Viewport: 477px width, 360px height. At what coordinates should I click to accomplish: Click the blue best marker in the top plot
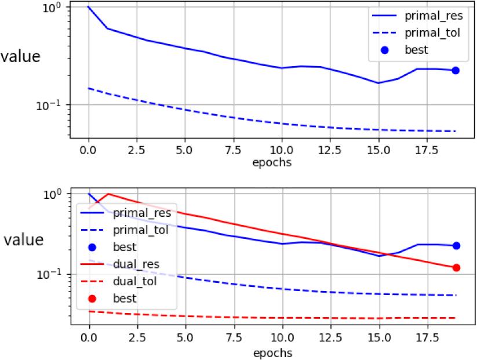coord(456,71)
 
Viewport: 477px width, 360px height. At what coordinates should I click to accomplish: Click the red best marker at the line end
coord(456,268)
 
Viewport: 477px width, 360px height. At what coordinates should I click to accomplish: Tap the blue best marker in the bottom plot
coord(456,246)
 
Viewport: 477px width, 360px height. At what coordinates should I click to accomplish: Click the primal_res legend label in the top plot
coord(434,16)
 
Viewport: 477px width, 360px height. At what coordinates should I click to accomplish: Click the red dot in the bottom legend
coord(92,299)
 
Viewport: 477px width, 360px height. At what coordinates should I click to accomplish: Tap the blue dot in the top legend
coord(385,50)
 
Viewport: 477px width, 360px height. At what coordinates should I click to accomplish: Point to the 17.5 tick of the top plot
coord(427,150)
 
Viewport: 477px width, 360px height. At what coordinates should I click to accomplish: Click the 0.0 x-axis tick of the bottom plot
coord(89,338)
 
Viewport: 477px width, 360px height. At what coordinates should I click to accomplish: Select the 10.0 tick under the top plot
coord(282,150)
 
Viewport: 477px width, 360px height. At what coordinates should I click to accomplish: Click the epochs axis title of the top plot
coord(272,162)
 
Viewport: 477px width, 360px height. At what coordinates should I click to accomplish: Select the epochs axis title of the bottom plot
coord(272,353)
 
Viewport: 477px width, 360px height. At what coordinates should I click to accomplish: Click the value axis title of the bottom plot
coord(24,240)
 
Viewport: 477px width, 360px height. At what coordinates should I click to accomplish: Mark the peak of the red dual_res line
coord(108,194)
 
